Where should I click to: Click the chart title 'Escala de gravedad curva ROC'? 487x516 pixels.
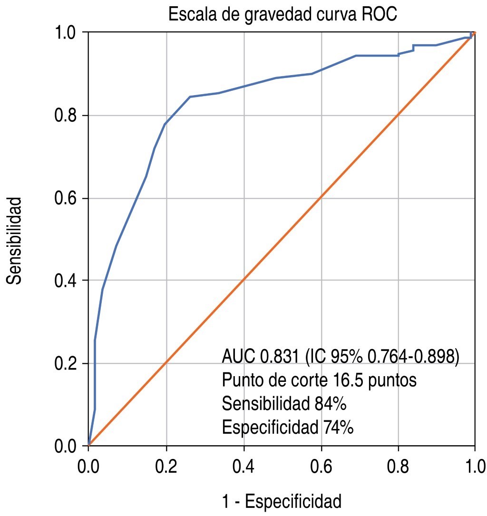282,15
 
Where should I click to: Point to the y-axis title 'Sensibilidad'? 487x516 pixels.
15,240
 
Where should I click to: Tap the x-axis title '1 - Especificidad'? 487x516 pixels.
282,502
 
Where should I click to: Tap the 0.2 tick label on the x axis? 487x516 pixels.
166,464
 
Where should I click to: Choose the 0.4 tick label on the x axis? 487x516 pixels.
243,464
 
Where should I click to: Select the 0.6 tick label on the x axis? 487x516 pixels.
321,464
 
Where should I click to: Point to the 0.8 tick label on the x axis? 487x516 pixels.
398,464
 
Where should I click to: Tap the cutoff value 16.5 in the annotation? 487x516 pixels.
341,380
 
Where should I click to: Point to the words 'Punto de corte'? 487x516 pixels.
269,380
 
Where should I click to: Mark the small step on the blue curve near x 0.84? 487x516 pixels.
413,48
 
